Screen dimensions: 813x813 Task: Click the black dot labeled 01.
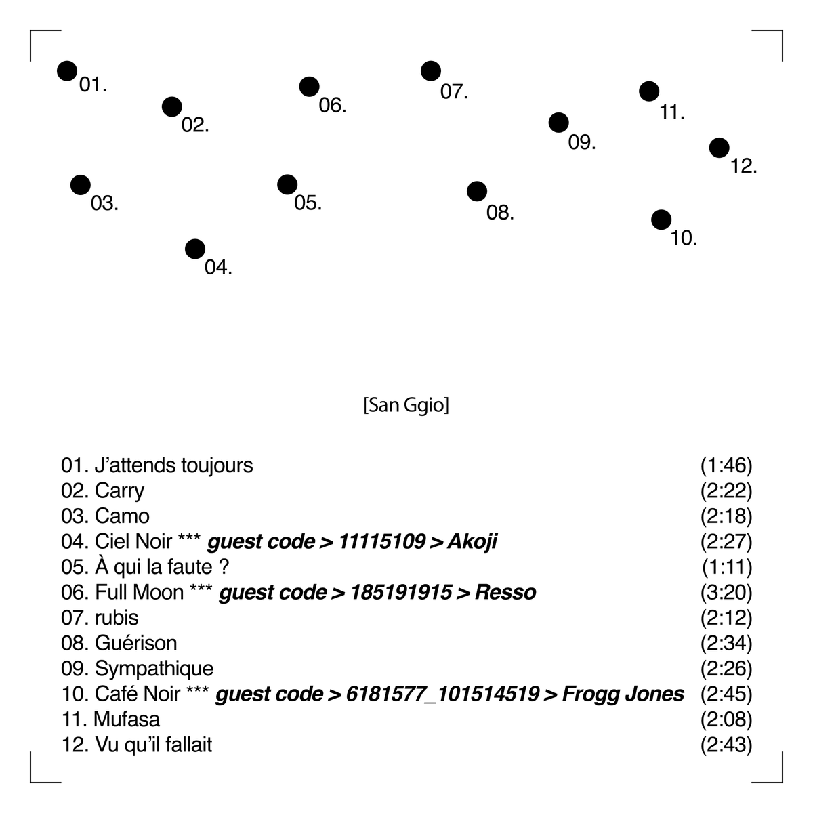67,71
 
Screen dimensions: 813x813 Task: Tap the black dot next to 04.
195,249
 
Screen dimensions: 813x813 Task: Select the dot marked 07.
431,71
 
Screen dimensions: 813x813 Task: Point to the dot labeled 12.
720,148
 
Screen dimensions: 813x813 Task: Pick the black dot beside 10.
661,220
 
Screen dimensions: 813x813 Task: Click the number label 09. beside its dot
582,142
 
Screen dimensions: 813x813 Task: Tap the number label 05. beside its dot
308,203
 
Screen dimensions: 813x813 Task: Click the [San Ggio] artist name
406,405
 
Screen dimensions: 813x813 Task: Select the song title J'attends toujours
174,465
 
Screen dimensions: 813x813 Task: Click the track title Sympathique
154,669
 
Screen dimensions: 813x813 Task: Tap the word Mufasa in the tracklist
127,720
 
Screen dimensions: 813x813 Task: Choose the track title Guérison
136,643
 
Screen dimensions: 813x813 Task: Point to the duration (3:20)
726,592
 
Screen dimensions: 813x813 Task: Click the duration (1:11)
727,567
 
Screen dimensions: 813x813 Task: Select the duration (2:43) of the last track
726,745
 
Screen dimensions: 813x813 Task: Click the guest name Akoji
472,542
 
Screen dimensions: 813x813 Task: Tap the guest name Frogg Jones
623,694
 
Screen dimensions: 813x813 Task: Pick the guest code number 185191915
401,592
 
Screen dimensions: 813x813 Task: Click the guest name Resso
505,592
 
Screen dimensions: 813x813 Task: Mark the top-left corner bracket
30,30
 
